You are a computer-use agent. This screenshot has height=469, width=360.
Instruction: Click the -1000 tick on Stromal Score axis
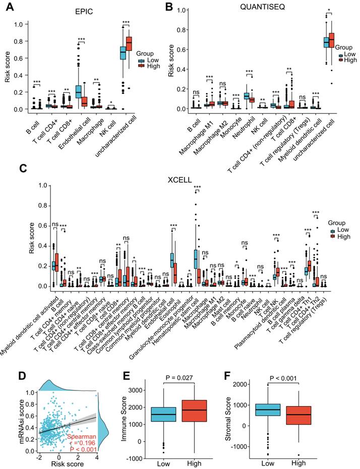[x=242, y=446]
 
